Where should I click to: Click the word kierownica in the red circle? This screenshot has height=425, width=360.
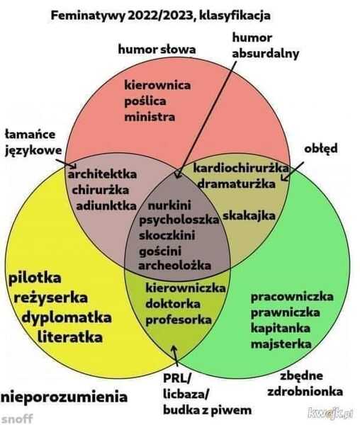157,85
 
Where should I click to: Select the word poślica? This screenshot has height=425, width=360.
145,101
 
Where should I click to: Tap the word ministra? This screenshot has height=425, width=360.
150,117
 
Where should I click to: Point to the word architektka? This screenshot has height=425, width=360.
102,174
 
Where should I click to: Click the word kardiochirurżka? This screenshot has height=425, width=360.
241,169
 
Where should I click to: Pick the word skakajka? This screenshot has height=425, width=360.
249,216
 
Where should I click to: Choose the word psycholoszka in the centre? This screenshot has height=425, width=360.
179,220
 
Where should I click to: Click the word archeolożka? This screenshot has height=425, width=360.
174,265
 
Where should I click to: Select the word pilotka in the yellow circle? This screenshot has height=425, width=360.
35,278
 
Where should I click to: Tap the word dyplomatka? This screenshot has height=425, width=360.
67,318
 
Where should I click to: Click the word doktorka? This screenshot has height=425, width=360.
173,304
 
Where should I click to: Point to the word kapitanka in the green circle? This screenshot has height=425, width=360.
281,328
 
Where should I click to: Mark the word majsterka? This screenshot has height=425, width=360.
281,344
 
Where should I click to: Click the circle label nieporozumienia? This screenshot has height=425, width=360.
64,397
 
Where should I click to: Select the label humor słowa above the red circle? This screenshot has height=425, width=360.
157,50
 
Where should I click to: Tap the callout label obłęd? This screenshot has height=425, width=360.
321,149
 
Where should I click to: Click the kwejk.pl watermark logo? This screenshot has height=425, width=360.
330,413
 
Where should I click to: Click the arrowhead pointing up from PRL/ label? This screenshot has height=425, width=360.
174,348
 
